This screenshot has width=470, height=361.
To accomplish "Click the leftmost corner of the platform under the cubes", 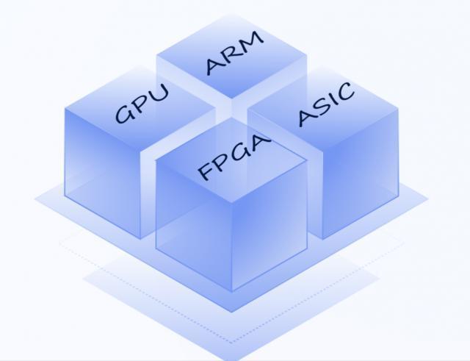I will (35, 197).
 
